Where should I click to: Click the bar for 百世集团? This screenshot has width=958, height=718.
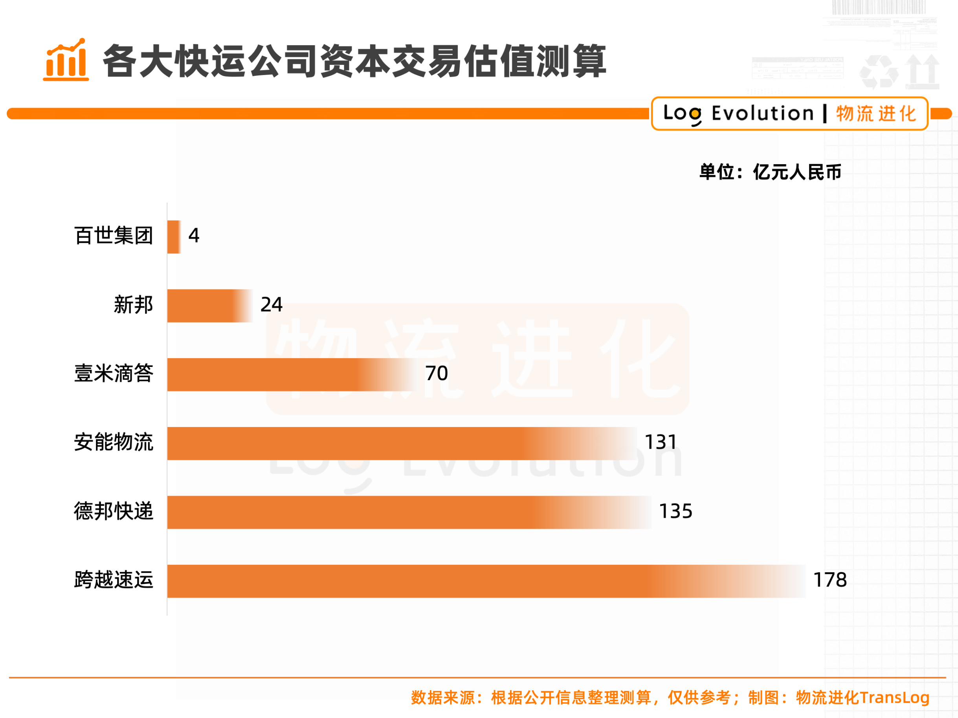point(174,237)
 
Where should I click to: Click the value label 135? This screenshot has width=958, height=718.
point(675,511)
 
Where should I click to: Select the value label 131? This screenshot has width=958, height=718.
point(661,442)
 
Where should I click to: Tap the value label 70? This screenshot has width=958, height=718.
point(436,374)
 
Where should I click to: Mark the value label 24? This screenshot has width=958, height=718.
point(271,305)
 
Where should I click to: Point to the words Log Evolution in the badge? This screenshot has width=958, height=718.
point(738,114)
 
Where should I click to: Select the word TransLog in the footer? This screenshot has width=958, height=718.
point(894,698)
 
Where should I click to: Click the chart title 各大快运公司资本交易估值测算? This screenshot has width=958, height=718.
point(354,61)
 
